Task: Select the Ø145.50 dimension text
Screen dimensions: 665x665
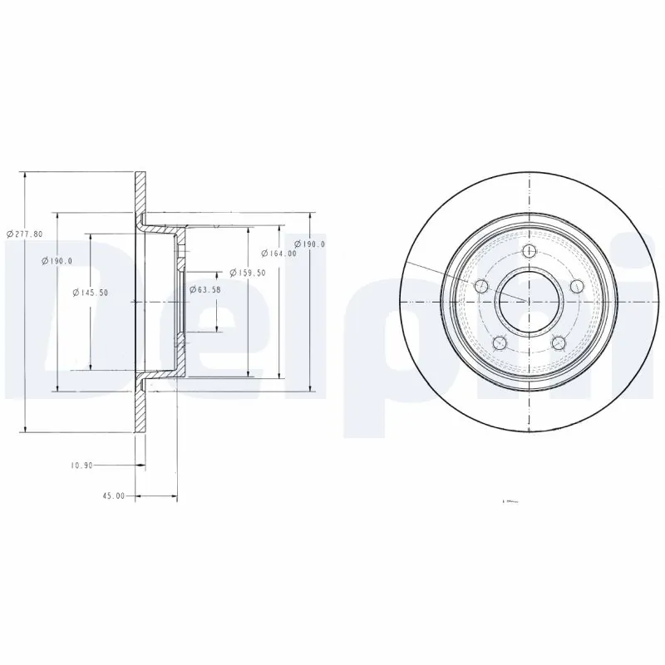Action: point(90,292)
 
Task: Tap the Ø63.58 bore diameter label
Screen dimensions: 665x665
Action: point(204,289)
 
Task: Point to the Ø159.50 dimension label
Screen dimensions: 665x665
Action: point(248,273)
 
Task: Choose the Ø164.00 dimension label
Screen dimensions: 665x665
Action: point(279,254)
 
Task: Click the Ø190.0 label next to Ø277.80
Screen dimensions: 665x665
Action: point(57,261)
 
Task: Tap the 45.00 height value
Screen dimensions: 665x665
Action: point(113,495)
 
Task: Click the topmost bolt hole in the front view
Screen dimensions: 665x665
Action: point(528,254)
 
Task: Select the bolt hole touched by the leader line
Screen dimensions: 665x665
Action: point(480,287)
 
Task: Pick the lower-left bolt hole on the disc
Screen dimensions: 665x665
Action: point(499,342)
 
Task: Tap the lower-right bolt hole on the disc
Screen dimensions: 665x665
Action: point(557,342)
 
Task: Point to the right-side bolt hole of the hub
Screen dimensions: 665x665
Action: point(575,287)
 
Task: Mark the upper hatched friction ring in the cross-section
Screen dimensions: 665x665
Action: point(140,195)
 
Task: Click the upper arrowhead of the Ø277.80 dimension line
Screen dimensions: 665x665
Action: point(26,177)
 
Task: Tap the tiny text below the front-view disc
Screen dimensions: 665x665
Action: point(510,501)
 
